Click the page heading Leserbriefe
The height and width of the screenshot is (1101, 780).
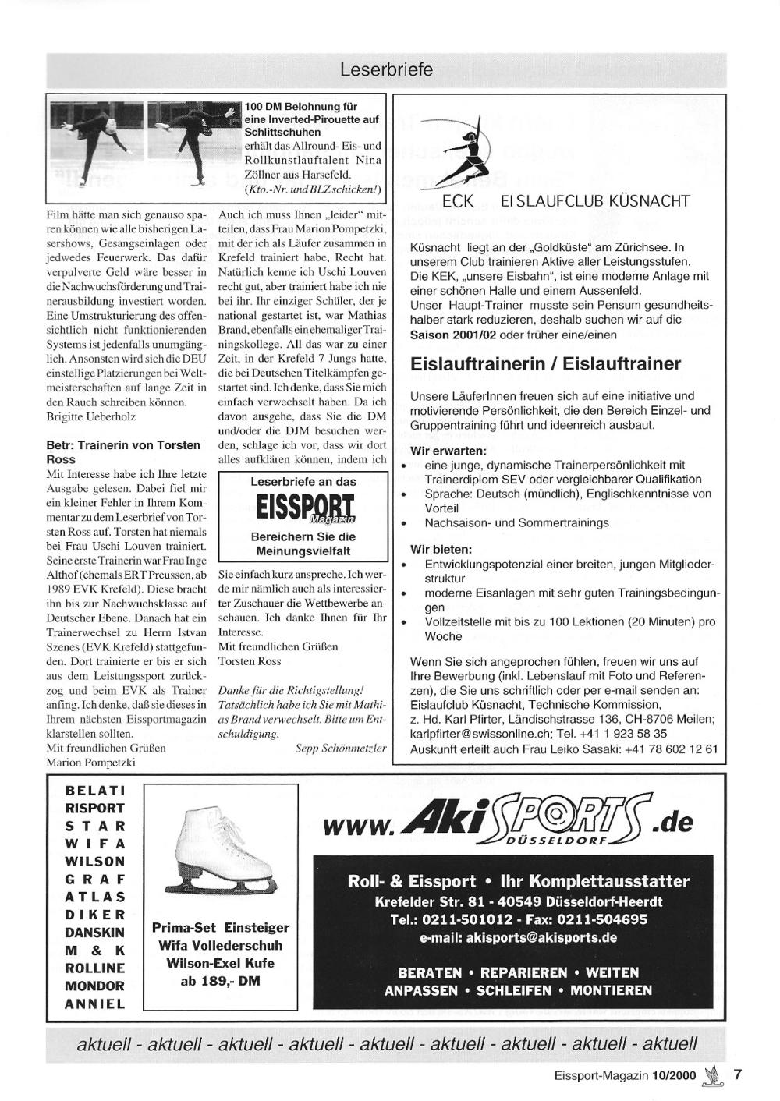tap(386, 70)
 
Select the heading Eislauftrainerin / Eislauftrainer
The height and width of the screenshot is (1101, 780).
tap(545, 363)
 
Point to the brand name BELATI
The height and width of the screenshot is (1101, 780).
tap(95, 790)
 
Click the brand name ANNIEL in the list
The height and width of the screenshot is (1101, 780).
tap(95, 1004)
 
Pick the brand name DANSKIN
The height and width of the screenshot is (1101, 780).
tap(95, 932)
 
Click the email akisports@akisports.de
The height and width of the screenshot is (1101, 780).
tap(519, 937)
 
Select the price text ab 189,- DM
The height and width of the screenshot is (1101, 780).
tap(220, 981)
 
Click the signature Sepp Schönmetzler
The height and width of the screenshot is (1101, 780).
tap(341, 748)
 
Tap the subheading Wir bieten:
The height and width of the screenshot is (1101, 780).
tap(441, 549)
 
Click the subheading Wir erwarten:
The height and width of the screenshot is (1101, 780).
tap(448, 451)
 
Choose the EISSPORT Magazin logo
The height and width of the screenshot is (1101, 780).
tap(303, 508)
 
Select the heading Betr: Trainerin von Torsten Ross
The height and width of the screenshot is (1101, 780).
tap(124, 451)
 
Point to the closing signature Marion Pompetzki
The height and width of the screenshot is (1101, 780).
tap(91, 762)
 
